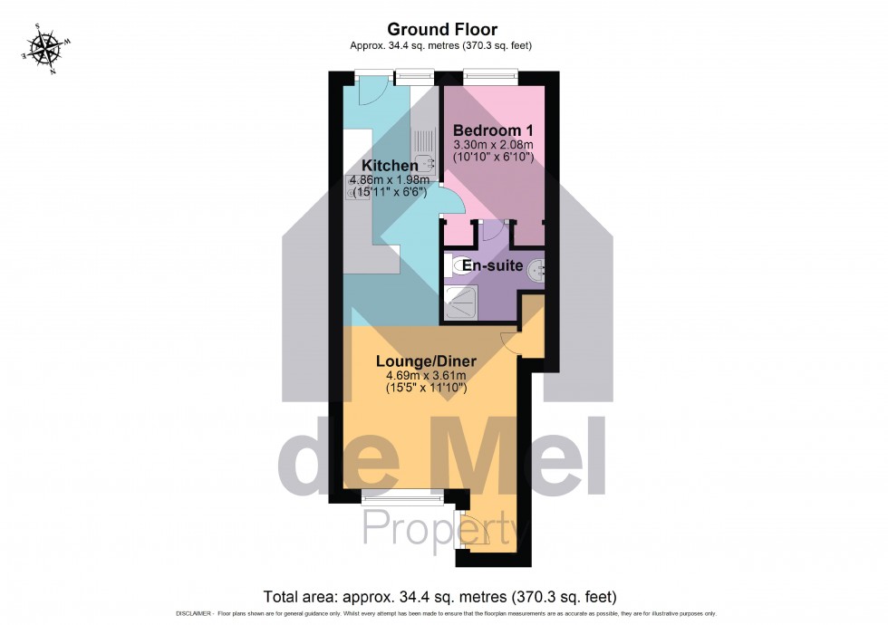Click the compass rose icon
click(x=42, y=46)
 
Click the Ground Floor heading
click(x=443, y=30)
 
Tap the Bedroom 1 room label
click(x=493, y=129)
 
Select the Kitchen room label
click(x=390, y=166)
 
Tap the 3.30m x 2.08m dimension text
click(x=493, y=144)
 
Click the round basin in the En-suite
click(x=537, y=268)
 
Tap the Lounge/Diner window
click(x=397, y=495)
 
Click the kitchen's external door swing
click(x=372, y=91)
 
